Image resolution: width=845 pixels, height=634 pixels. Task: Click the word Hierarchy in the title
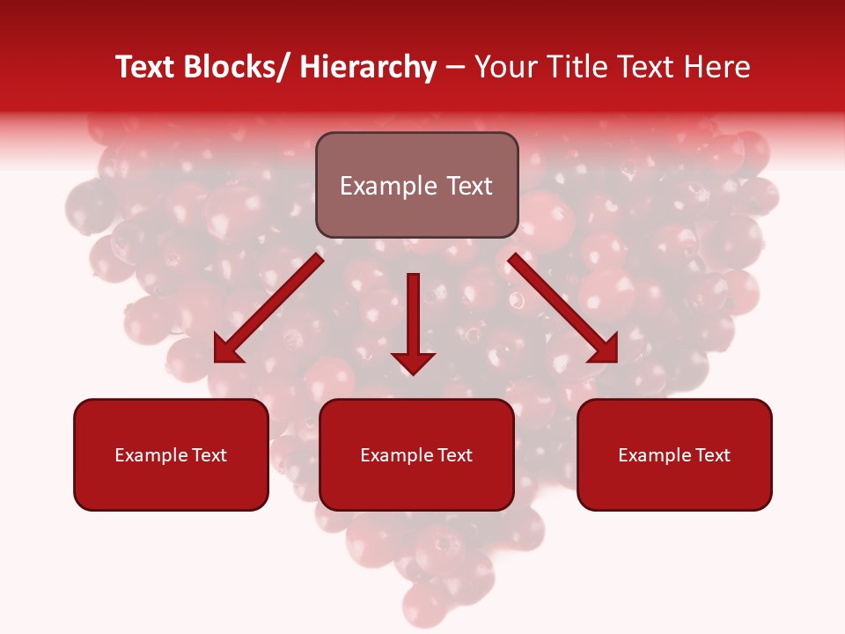click(x=368, y=68)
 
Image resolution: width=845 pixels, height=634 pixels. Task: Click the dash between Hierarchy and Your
click(x=454, y=68)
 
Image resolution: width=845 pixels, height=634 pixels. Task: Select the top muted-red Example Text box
click(x=416, y=185)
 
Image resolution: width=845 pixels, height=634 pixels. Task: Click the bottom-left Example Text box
click(x=171, y=454)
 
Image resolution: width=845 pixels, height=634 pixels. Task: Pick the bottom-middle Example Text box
click(x=416, y=454)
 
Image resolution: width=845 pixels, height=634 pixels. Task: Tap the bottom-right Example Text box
click(x=674, y=454)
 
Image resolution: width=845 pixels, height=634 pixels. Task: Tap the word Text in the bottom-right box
click(x=712, y=455)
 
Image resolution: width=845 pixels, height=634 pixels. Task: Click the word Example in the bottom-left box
click(x=151, y=455)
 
